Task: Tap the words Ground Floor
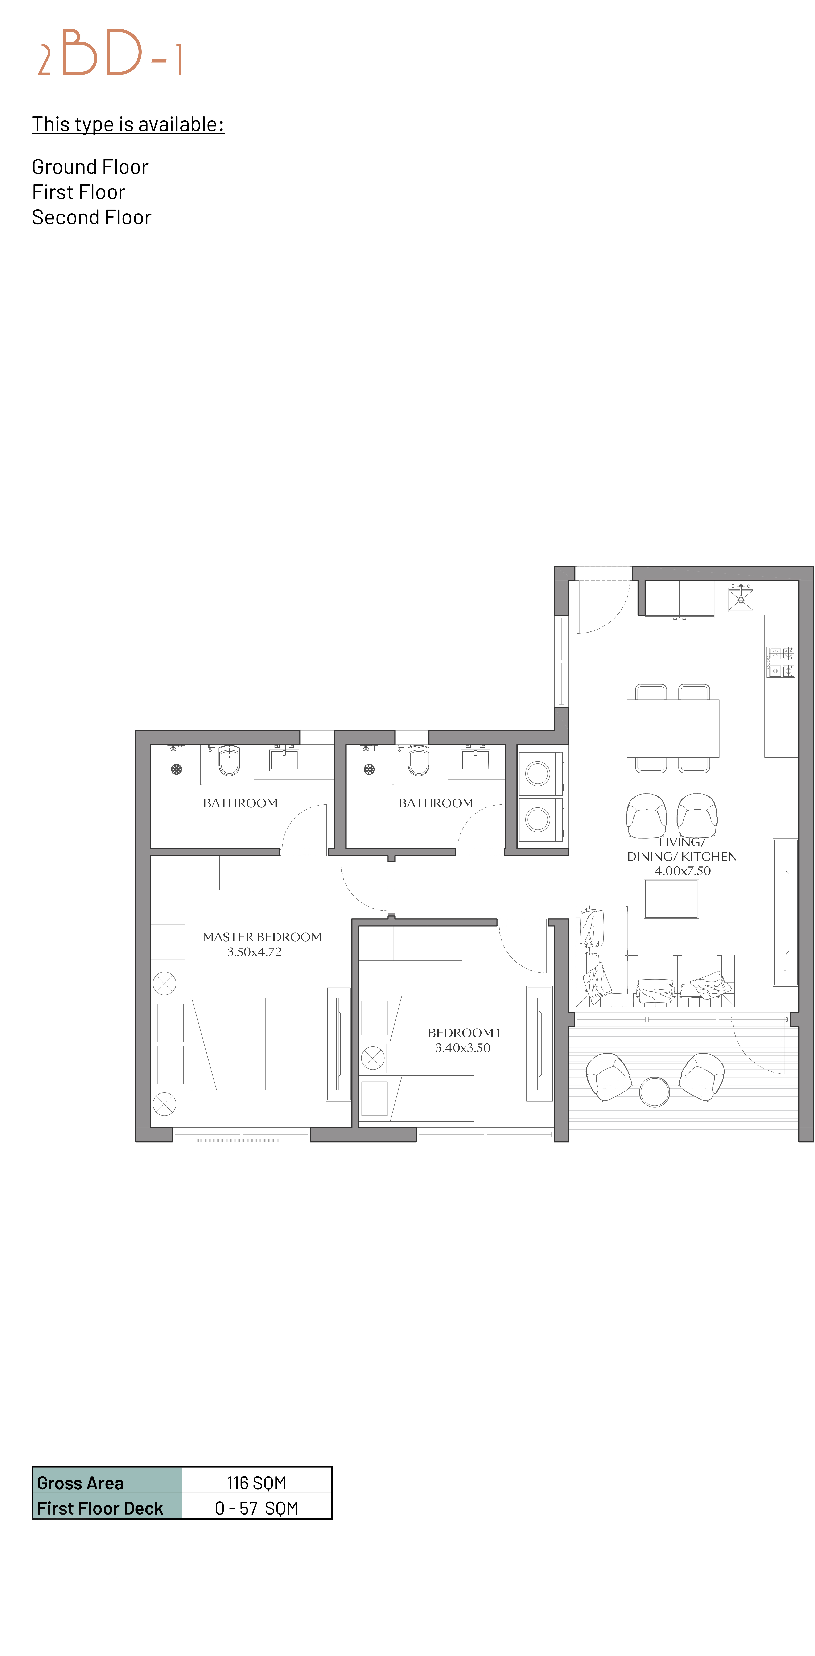pyautogui.click(x=90, y=167)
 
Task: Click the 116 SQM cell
pyautogui.click(x=256, y=1483)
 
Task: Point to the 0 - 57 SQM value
pyautogui.click(x=256, y=1508)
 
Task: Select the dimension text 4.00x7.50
pyautogui.click(x=683, y=871)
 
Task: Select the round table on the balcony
pyautogui.click(x=654, y=1091)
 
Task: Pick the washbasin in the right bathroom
pyautogui.click(x=476, y=759)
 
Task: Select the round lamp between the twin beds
pyautogui.click(x=373, y=1058)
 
